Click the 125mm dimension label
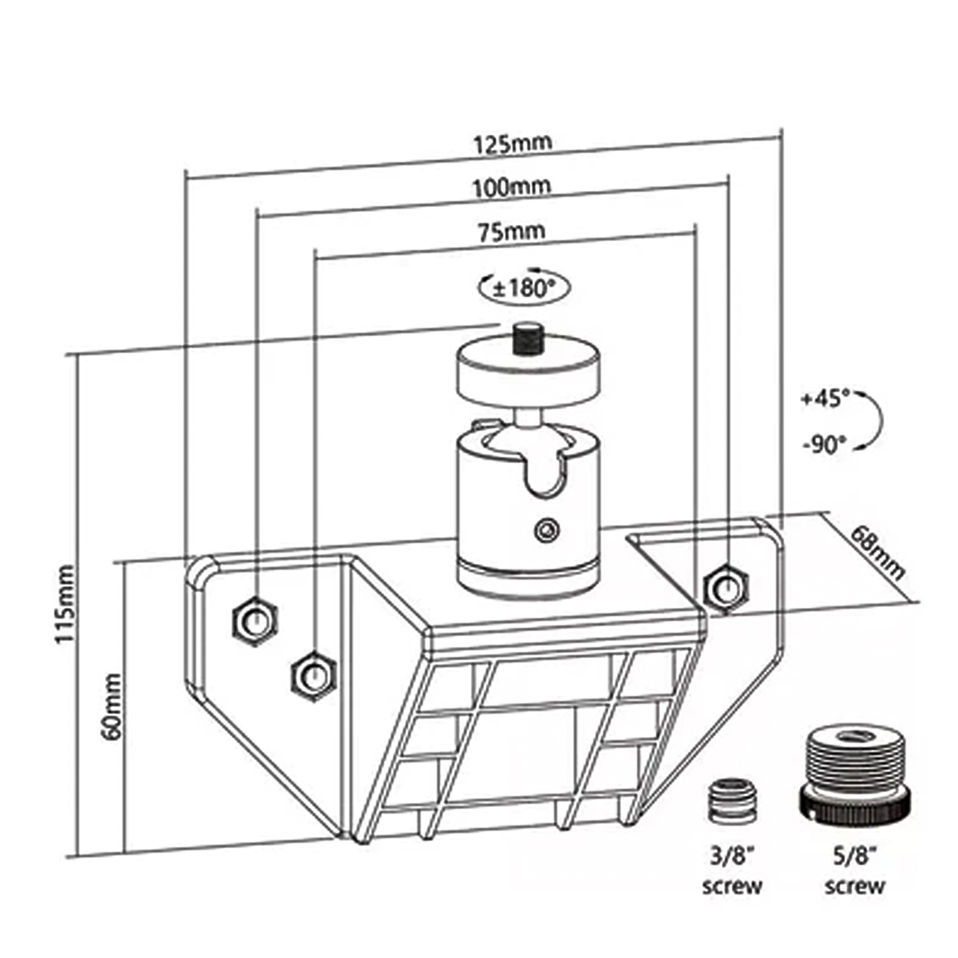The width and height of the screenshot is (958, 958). click(512, 144)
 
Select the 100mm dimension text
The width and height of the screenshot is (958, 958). click(511, 187)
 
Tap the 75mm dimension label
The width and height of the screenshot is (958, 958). click(511, 231)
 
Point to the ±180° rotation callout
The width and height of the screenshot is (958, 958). click(524, 287)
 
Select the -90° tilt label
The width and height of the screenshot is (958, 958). click(825, 445)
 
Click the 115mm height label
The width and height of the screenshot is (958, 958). click(65, 604)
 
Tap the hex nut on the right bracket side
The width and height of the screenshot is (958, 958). click(725, 589)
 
